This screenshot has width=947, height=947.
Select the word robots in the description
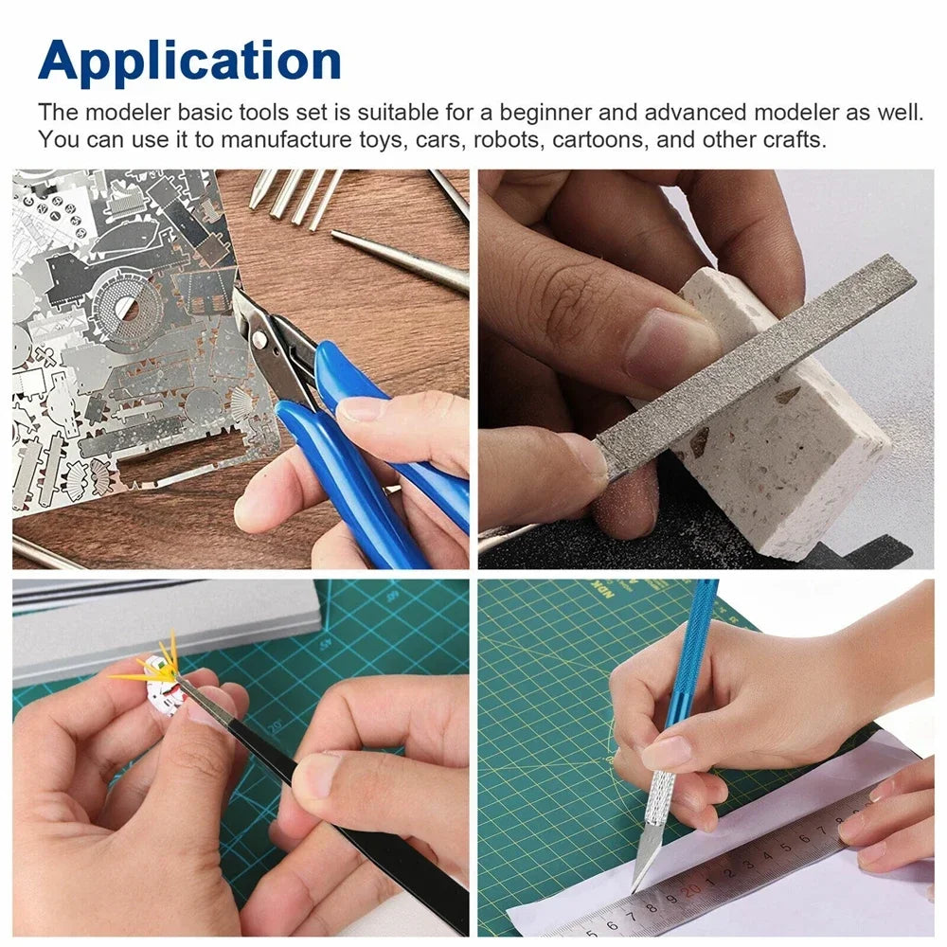[509, 140]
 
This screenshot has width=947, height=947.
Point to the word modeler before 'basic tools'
[128, 112]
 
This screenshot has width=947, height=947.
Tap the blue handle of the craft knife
[691, 653]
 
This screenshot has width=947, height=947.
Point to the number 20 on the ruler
[693, 888]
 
